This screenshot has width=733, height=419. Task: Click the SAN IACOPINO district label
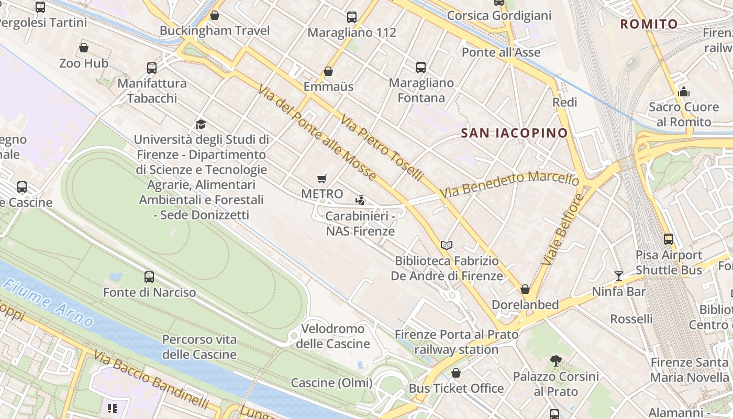pos(514,133)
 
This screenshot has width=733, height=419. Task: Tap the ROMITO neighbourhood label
pos(649,24)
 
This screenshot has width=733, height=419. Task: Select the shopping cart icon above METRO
pos(322,179)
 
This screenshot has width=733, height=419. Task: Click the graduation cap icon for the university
pos(201,124)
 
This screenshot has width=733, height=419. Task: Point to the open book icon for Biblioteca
pos(446,245)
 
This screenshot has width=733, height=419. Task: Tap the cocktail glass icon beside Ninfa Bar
pos(619,276)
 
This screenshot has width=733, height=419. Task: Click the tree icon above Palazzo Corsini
pos(556,361)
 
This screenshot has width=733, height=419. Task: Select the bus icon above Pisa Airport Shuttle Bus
pos(669,239)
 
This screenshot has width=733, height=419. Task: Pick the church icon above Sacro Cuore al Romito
pos(683,92)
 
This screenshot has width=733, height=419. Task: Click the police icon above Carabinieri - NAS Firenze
pos(360,200)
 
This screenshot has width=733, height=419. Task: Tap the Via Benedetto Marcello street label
pos(509,184)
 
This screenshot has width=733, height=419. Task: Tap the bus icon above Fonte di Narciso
pos(149,277)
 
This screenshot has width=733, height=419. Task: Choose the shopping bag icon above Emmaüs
pos(328,71)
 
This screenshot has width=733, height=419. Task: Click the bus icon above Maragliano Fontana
pos(421,67)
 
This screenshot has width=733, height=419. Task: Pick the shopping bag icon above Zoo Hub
pos(84,48)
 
